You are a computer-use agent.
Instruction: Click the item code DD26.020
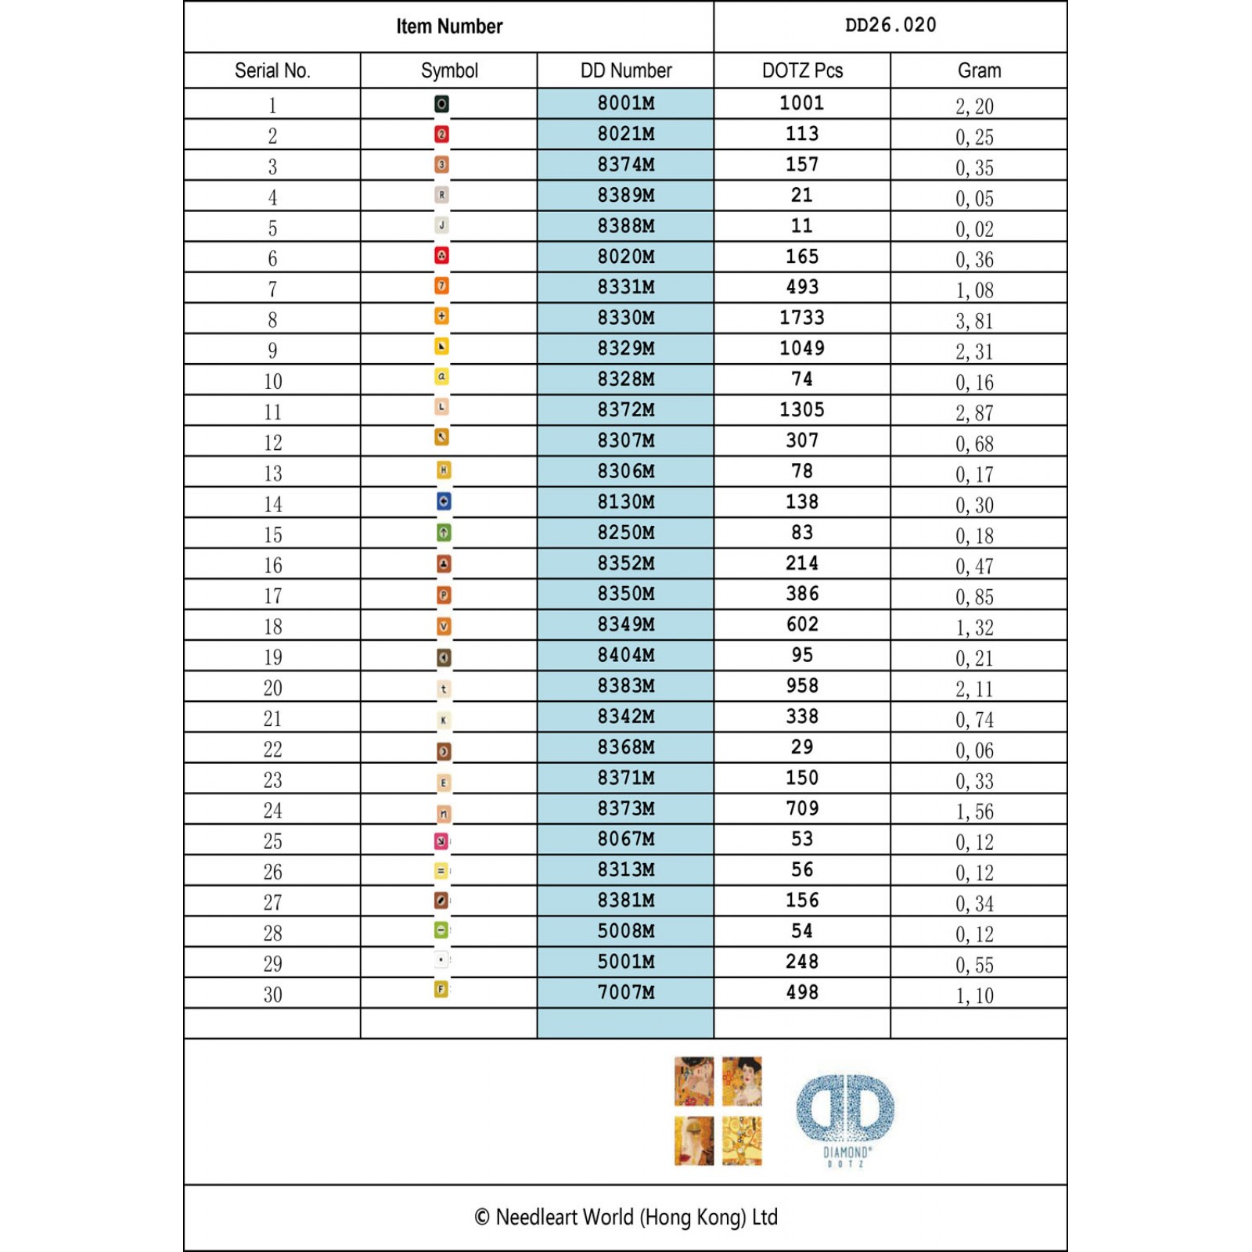point(890,25)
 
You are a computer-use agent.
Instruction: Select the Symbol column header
point(449,70)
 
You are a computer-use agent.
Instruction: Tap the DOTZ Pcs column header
point(802,70)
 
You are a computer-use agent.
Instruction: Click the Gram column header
point(979,70)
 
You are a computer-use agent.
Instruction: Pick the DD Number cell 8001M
point(626,103)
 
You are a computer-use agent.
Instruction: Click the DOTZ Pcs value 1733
point(802,318)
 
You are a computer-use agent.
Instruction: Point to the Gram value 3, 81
point(974,321)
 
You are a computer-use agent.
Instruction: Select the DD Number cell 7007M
point(626,992)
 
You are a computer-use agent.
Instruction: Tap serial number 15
point(272,535)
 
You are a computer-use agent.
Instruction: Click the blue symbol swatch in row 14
point(444,502)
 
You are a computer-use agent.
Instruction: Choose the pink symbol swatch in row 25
point(441,840)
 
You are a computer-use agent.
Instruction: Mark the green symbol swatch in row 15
point(444,533)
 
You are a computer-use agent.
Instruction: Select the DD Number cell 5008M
point(626,931)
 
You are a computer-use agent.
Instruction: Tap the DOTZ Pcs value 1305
point(802,409)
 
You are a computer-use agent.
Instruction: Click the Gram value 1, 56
point(974,811)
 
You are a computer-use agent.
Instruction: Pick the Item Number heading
point(449,27)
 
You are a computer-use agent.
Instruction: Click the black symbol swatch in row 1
point(441,104)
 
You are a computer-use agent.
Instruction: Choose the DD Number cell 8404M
point(626,655)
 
